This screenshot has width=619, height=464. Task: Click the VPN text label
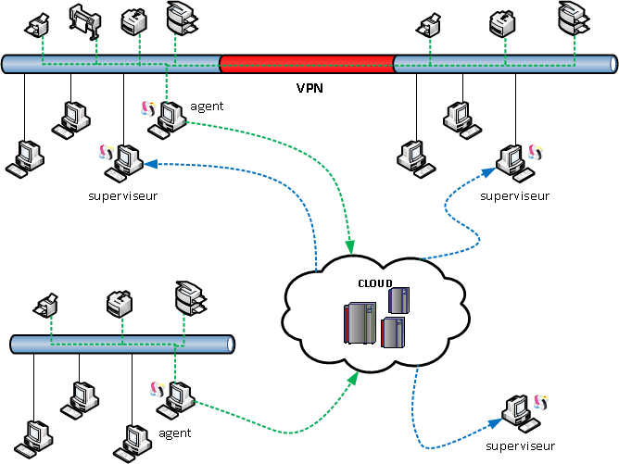309,90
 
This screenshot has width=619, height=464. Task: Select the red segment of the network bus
307,64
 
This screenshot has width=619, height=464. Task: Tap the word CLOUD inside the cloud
375,283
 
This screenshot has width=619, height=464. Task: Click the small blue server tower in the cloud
398,300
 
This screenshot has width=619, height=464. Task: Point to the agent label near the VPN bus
207,107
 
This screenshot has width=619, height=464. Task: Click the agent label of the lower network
175,433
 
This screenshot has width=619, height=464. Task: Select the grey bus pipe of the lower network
121,344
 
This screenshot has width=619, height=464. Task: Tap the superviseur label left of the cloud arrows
122,196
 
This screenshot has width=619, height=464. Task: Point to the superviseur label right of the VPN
515,196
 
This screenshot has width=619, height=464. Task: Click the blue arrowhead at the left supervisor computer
146,163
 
